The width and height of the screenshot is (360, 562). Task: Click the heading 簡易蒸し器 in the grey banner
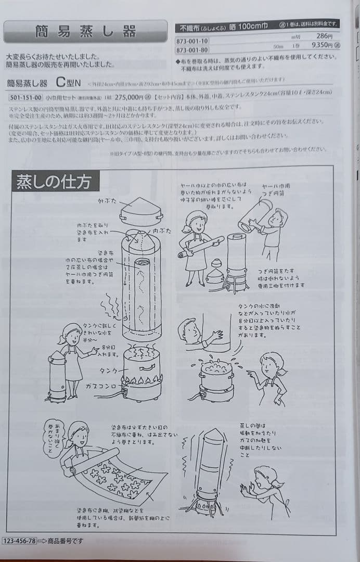point(86,31)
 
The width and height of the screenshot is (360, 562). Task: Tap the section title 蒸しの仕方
point(54,182)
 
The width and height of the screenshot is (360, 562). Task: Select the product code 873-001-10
point(193,41)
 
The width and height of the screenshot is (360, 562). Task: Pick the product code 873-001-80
point(193,50)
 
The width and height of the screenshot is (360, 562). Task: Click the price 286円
point(323,36)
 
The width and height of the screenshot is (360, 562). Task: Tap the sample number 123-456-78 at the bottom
point(20,541)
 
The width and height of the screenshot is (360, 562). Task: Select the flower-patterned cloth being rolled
point(117,477)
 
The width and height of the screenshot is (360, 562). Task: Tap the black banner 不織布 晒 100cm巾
point(257,24)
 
